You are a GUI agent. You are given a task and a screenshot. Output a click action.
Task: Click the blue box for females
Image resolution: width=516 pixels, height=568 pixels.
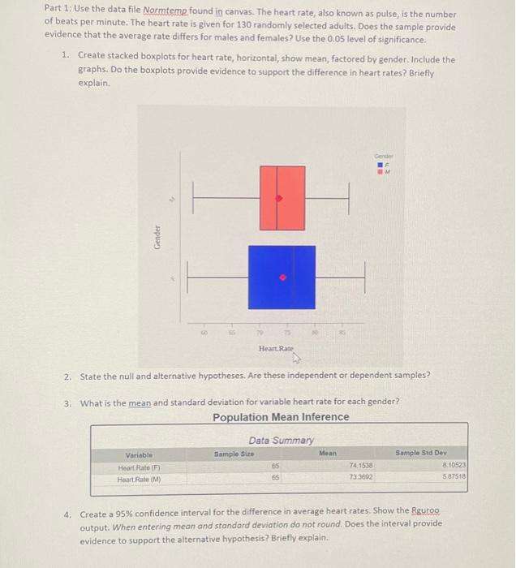[282, 278]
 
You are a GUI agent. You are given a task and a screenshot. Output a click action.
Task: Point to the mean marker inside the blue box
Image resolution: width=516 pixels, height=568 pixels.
[283, 278]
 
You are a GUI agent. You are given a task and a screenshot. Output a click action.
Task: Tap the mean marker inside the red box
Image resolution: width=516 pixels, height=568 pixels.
[279, 198]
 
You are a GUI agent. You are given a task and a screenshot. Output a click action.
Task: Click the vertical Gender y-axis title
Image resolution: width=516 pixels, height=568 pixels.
[155, 238]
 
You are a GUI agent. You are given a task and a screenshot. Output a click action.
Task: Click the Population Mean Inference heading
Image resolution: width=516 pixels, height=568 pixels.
[281, 417]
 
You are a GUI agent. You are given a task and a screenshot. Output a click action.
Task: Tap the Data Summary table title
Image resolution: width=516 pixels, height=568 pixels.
[281, 440]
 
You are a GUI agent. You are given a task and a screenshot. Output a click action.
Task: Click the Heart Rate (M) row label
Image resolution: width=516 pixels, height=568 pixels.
[140, 480]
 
